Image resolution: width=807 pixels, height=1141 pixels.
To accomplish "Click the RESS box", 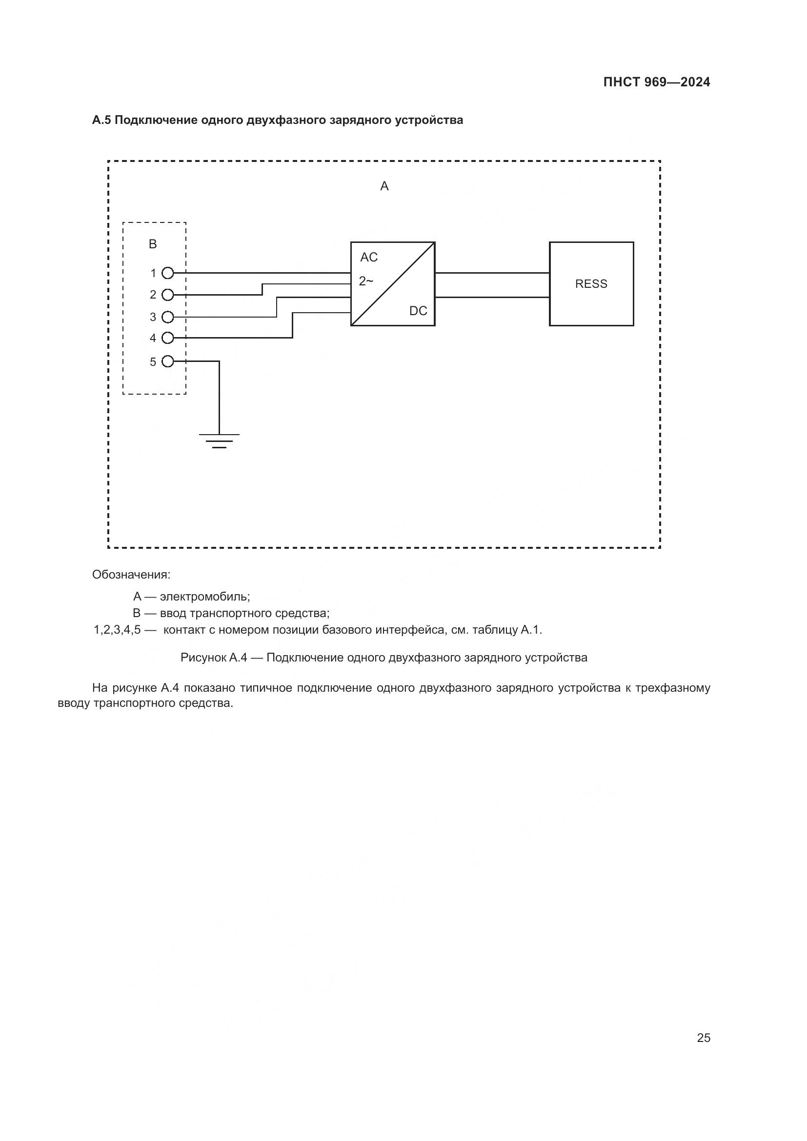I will click(x=591, y=284).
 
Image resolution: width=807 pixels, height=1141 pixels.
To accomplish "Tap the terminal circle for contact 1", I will click(x=168, y=273).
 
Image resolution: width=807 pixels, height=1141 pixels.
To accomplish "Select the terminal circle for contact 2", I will click(x=168, y=295).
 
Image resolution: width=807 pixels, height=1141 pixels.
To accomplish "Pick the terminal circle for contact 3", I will click(x=168, y=317).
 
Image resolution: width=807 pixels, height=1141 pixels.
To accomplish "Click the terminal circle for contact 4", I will click(x=168, y=338).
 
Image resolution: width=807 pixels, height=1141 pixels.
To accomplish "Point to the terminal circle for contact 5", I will click(x=168, y=361).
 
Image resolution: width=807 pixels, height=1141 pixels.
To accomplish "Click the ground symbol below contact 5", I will click(x=219, y=440).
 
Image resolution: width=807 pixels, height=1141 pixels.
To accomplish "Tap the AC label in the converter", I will click(x=369, y=258).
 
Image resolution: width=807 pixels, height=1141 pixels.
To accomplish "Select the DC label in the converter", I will click(x=418, y=311).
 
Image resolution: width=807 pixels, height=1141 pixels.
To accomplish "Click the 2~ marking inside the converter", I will click(x=366, y=281).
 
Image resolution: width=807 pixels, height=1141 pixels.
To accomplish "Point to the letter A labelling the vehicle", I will click(x=384, y=186).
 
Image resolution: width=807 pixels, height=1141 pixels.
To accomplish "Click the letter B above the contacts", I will click(x=153, y=244).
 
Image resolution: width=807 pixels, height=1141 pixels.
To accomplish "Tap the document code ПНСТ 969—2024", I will click(x=656, y=82).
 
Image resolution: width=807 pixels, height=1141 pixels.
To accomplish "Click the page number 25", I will click(x=703, y=1038).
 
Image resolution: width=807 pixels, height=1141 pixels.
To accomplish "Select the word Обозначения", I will click(x=131, y=575).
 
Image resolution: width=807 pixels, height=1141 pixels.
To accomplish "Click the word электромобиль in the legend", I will click(x=205, y=597).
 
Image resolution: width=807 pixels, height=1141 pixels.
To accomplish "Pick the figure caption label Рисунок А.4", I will click(x=214, y=658).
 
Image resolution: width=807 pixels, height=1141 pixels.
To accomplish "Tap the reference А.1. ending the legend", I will click(x=531, y=630).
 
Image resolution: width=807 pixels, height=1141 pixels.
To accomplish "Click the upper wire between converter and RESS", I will click(x=492, y=273).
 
